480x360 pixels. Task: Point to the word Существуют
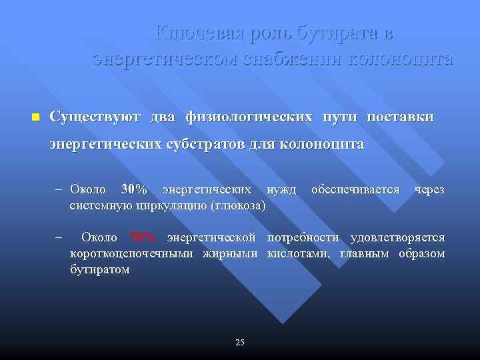(x=94, y=117)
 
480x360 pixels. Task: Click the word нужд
(x=281, y=191)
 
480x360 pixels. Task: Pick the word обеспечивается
(x=355, y=191)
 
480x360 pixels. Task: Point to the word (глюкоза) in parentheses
(x=238, y=205)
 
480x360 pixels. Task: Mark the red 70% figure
(x=143, y=237)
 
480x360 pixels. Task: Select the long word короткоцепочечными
(x=132, y=253)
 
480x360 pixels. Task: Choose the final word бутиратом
(x=100, y=269)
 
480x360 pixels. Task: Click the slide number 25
(x=240, y=342)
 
